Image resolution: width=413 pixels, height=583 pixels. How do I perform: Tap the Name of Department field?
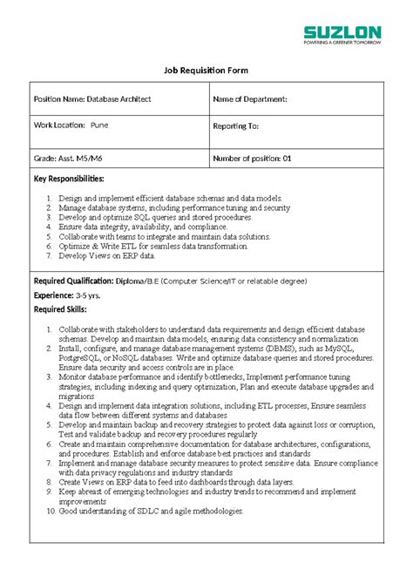tap(249, 99)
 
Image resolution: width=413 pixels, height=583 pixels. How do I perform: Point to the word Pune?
tap(99, 125)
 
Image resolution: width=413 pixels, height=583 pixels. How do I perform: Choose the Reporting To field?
tap(236, 125)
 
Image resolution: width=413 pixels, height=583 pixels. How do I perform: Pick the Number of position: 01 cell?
tap(252, 159)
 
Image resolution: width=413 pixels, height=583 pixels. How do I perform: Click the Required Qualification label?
tap(74, 281)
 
